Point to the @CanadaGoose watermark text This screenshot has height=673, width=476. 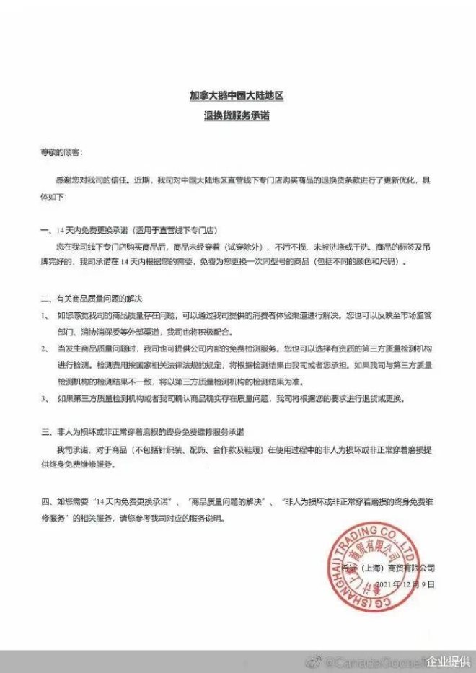pos(374,661)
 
